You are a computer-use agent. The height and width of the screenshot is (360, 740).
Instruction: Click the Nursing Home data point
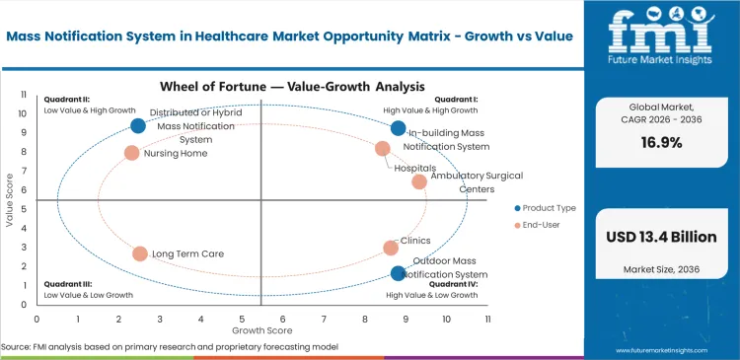click(x=131, y=153)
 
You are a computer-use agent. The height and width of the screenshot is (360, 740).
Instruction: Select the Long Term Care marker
click(x=140, y=253)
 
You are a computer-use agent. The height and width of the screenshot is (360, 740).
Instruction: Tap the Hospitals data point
click(x=383, y=149)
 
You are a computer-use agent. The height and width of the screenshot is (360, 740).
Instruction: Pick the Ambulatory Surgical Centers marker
click(x=419, y=181)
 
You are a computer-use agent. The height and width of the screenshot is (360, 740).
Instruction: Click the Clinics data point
click(x=391, y=248)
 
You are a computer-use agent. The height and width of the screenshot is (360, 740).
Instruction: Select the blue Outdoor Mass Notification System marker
click(x=398, y=273)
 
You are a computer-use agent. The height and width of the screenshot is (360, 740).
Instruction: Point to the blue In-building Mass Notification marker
click(x=398, y=128)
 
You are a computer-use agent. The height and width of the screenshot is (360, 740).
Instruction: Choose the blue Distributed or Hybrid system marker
click(x=138, y=125)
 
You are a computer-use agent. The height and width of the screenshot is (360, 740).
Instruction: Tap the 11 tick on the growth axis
click(x=486, y=320)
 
